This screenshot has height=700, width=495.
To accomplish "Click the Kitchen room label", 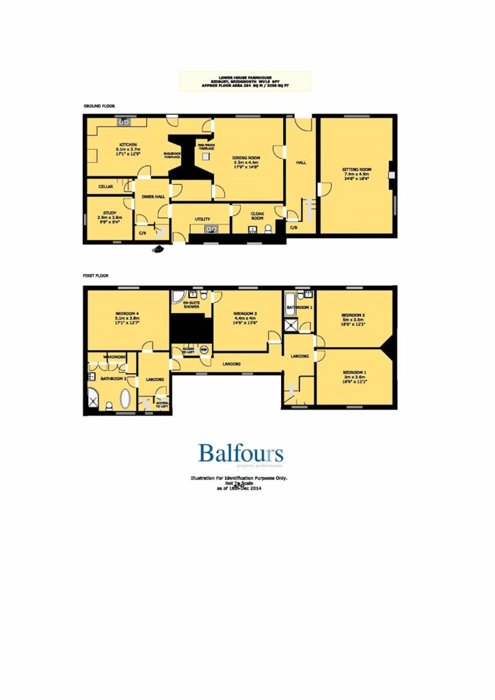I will click(129, 145).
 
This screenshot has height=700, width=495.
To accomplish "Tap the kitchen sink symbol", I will click(124, 123).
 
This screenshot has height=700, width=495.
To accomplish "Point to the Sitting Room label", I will click(357, 169).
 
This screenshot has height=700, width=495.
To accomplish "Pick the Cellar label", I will click(105, 186).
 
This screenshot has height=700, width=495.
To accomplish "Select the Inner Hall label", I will click(152, 197).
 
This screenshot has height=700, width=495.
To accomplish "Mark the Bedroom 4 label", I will click(127, 312).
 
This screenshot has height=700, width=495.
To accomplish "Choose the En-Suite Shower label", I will click(191, 305).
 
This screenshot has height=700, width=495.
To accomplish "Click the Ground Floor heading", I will click(99, 107).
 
